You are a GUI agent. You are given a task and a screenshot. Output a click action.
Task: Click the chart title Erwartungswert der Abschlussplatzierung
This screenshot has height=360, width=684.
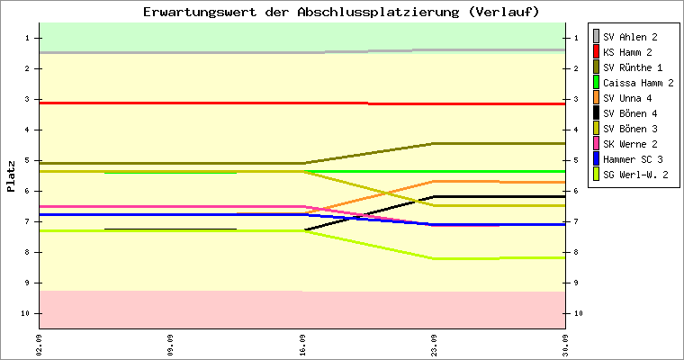point(301,12)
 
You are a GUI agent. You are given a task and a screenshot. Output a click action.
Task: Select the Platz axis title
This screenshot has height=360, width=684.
point(11,176)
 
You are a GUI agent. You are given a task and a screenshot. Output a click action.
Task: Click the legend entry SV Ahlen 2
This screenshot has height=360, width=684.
point(625,37)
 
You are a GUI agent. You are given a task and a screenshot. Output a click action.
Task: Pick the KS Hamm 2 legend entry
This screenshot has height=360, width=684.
point(623,52)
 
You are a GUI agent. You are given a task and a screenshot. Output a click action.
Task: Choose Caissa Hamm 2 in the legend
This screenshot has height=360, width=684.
point(634,83)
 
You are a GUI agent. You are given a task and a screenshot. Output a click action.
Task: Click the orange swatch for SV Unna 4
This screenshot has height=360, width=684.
point(597,98)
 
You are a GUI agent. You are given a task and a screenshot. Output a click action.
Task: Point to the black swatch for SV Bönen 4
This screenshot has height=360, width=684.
point(597,113)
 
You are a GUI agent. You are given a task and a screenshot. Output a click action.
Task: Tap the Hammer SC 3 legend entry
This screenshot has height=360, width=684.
point(627,159)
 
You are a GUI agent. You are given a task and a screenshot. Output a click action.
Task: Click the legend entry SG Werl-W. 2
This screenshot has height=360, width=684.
point(630,175)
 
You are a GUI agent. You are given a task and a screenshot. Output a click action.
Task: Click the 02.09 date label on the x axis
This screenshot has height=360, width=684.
point(40,346)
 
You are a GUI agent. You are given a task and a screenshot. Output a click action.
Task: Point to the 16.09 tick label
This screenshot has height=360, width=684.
point(302,346)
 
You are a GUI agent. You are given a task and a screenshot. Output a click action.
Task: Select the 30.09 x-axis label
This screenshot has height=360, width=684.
point(565,346)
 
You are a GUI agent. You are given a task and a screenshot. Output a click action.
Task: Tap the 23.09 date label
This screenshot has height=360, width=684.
point(434,346)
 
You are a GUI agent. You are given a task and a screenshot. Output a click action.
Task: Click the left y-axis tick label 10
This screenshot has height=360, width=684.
point(25,313)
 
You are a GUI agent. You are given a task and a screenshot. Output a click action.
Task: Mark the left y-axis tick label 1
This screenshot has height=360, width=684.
point(27,38)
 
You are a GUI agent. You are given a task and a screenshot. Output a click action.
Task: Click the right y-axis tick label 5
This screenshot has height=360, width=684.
point(576,160)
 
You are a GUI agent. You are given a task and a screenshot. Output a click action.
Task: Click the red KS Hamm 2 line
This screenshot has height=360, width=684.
point(302,103)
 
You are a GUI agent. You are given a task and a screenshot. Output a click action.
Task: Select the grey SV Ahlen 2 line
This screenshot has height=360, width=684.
point(302,52)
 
